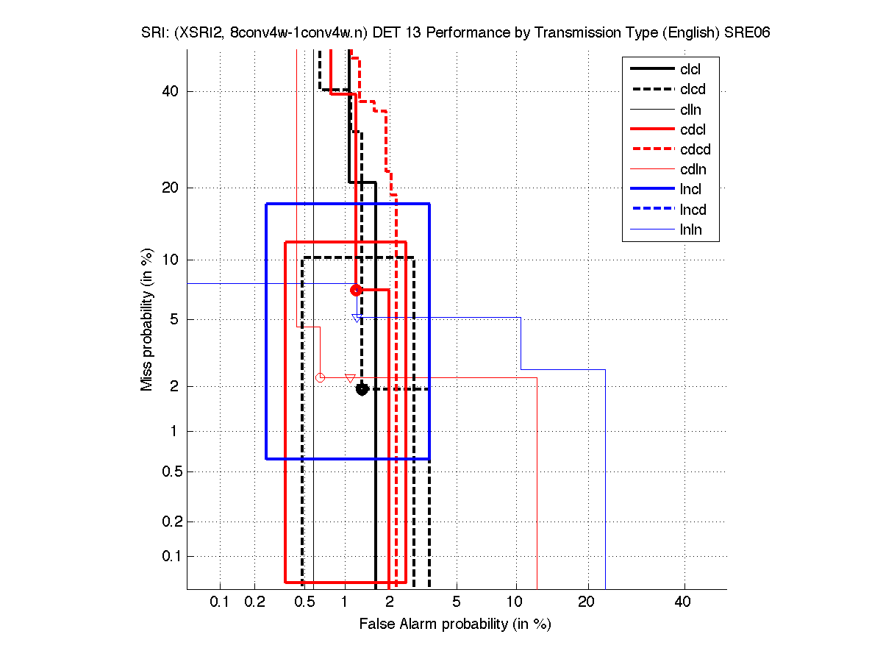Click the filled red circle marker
coord(356,290)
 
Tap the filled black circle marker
coord(362,389)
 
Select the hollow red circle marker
coord(320,377)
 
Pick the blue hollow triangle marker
coord(357,318)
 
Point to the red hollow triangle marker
coord(350,378)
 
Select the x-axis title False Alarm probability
coord(455,624)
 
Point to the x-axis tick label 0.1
coord(220,602)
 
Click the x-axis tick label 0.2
coord(254,602)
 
